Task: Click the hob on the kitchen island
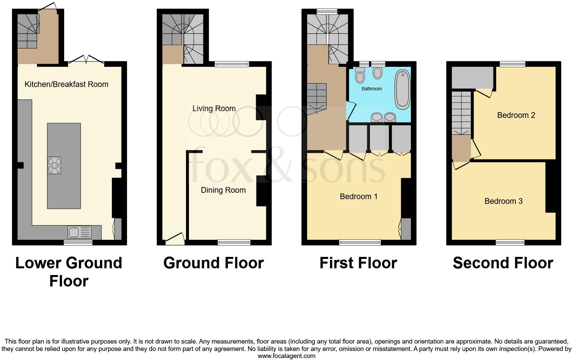click(55, 165)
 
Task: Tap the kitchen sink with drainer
click(79, 232)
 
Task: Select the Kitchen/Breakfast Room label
click(66, 84)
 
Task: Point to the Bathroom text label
click(372, 89)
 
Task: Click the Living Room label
click(214, 108)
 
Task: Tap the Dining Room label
click(223, 190)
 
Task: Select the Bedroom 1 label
click(359, 196)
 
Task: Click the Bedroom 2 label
click(516, 115)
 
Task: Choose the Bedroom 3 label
click(503, 201)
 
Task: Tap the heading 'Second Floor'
click(503, 263)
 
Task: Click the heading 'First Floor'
click(358, 263)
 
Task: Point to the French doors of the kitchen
click(86, 61)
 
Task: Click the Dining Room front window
click(234, 242)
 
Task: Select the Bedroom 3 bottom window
click(510, 242)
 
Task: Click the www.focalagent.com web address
click(286, 356)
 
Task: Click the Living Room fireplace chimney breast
click(261, 107)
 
